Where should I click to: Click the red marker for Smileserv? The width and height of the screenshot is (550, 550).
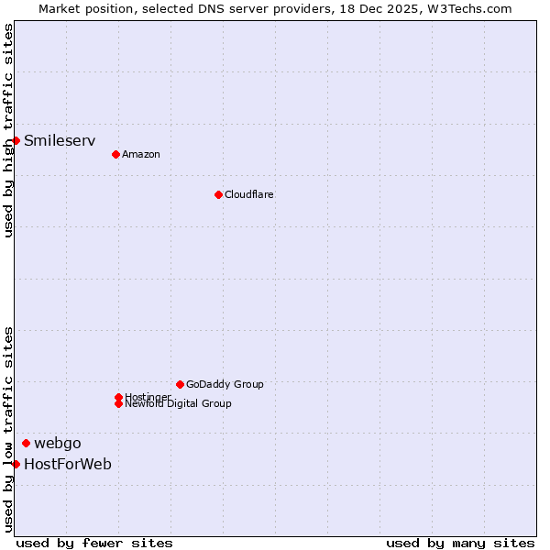(x=16, y=140)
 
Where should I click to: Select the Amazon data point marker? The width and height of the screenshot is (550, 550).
(x=115, y=154)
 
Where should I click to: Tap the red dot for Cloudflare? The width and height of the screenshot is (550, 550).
(x=218, y=194)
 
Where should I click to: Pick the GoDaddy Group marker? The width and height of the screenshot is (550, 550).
(x=180, y=384)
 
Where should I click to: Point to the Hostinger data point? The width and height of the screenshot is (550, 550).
(x=118, y=397)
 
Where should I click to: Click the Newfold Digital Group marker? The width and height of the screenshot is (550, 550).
(x=118, y=403)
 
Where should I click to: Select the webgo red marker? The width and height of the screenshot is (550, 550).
(x=26, y=444)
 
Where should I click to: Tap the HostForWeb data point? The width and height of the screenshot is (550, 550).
(x=16, y=464)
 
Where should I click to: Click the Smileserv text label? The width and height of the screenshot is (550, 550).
(x=60, y=140)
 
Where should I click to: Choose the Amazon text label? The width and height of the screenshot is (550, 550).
(x=141, y=154)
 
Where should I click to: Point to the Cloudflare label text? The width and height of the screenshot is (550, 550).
(x=249, y=194)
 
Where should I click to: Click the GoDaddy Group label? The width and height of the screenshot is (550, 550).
(x=225, y=384)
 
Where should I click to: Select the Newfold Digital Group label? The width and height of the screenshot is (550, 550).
(x=179, y=404)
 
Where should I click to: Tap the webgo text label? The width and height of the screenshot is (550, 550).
(x=58, y=444)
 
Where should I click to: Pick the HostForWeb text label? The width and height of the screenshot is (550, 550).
(x=68, y=464)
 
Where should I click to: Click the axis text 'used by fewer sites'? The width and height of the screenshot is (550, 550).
(x=94, y=543)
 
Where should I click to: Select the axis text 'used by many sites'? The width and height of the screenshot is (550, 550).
(x=460, y=543)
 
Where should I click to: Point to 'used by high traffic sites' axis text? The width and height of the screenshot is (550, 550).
(x=8, y=130)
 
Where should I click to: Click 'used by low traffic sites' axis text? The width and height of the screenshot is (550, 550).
(x=8, y=429)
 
